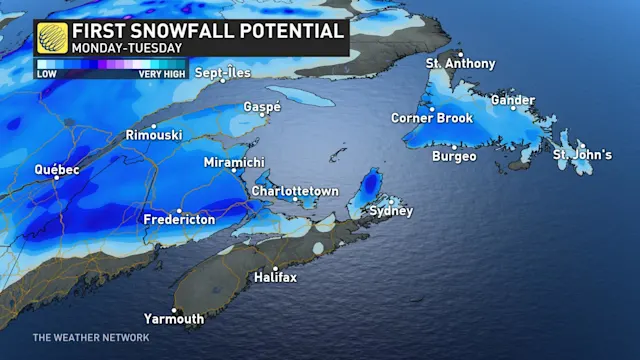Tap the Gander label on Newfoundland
click(514, 100)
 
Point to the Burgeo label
click(455, 157)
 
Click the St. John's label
click(583, 155)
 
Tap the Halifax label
click(275, 276)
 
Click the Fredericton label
click(179, 218)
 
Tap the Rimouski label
click(153, 134)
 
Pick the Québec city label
click(57, 170)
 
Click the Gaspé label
click(262, 107)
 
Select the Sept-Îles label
click(222, 73)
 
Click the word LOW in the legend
click(47, 74)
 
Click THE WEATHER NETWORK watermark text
click(90, 338)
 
